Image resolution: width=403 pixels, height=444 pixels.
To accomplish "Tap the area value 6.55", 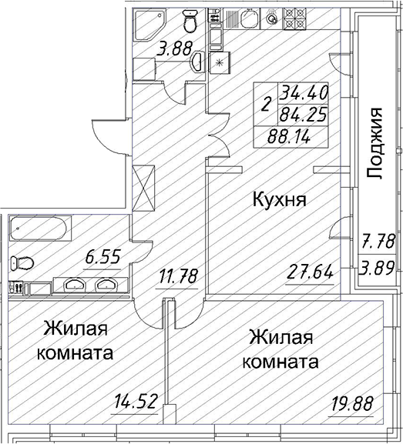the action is (103, 256).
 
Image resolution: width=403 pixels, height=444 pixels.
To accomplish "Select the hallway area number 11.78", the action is (177, 275).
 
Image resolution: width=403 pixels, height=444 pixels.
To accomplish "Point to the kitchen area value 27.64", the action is (310, 272).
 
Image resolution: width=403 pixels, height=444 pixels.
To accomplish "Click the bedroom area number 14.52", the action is (135, 402).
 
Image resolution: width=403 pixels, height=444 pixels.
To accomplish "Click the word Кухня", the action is (280, 199).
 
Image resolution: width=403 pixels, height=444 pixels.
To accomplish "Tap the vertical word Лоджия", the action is (374, 143).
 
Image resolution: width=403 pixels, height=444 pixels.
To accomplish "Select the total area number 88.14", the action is (289, 137).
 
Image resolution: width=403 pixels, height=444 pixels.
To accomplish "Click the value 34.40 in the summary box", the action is (304, 92).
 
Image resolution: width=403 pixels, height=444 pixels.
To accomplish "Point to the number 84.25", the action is (303, 115).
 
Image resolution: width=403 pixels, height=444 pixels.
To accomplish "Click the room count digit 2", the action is (265, 104).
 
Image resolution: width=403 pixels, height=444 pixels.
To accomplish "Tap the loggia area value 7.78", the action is (378, 242).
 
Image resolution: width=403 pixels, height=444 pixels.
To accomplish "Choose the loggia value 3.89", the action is (377, 268).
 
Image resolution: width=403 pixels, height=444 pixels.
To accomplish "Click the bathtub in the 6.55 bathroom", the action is (40, 229).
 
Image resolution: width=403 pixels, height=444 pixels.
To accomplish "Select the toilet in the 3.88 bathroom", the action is (190, 21).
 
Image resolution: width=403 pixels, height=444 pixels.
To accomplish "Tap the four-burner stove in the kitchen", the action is (295, 18).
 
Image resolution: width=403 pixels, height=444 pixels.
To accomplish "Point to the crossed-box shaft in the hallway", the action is (144, 189).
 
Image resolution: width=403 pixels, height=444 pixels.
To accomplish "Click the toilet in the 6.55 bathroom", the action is (22, 263).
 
